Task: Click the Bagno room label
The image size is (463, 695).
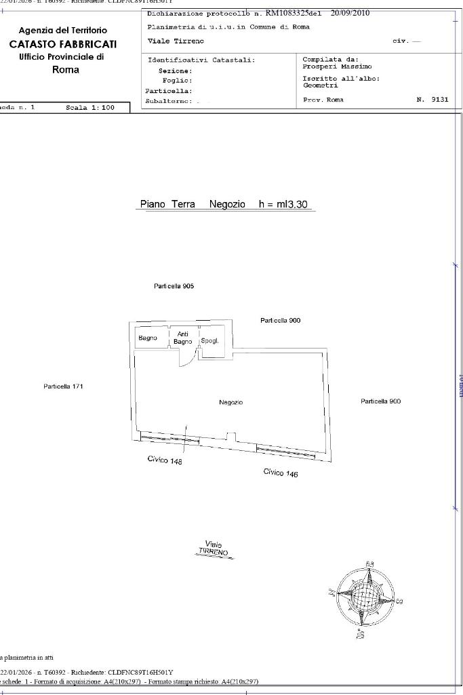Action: [x=148, y=338]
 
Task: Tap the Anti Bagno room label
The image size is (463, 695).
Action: [x=183, y=338]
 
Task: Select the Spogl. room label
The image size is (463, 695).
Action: [x=209, y=340]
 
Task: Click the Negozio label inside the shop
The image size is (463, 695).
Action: [x=230, y=402]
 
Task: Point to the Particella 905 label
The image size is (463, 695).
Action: [x=174, y=286]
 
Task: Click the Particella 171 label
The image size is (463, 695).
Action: [x=63, y=386]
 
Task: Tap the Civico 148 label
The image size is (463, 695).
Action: [x=165, y=460]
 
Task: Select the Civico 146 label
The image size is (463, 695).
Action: [x=281, y=473]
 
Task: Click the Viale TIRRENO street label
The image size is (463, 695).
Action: [x=214, y=549]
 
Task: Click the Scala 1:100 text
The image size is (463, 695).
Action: [x=90, y=108]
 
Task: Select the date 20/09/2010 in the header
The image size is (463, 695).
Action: [x=350, y=13]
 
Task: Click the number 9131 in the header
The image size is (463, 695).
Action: [x=440, y=100]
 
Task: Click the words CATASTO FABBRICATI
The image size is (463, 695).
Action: [x=62, y=44]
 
